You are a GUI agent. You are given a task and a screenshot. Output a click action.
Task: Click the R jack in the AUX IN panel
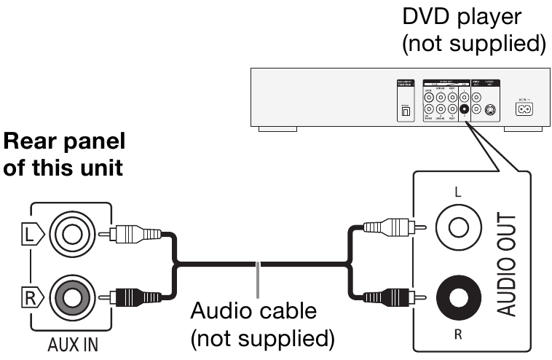(x=73, y=297)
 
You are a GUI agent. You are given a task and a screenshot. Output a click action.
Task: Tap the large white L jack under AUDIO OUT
(x=459, y=227)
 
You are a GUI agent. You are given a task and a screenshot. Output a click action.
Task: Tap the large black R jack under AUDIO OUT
(x=459, y=297)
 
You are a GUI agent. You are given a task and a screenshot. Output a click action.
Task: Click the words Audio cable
(x=253, y=312)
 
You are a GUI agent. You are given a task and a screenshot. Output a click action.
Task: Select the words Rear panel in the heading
(x=64, y=140)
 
